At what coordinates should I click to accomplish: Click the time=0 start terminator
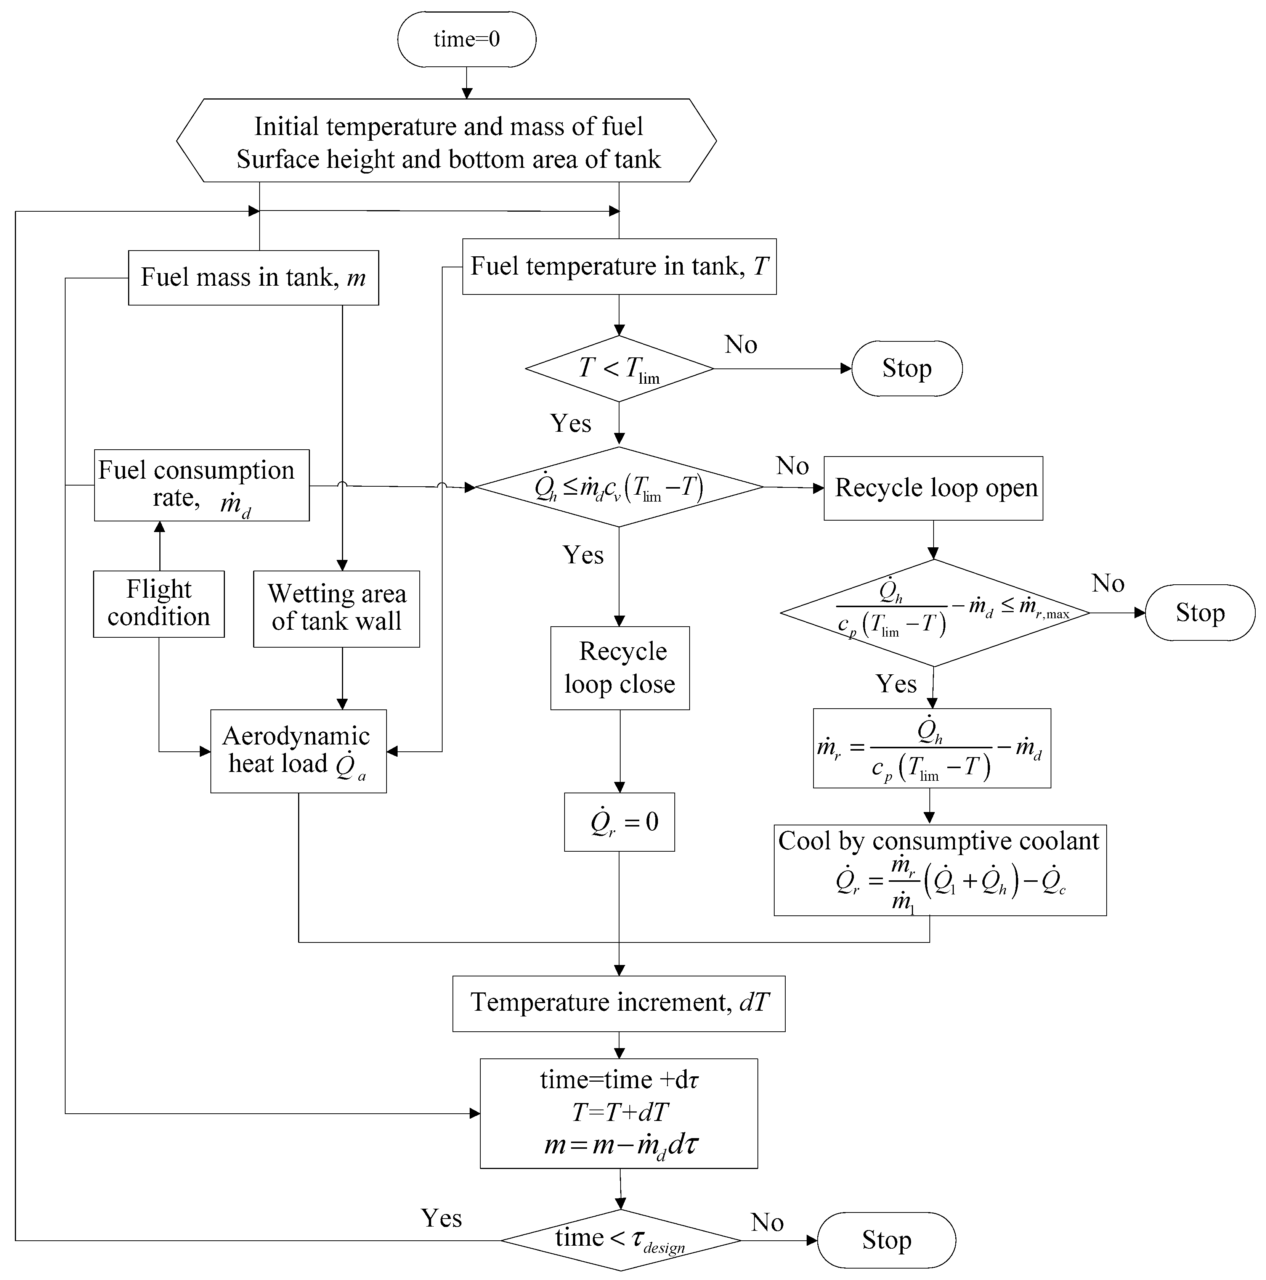[467, 39]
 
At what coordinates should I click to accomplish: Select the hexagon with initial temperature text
[446, 140]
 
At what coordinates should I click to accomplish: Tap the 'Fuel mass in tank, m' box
[254, 278]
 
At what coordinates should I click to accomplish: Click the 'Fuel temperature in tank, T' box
[619, 266]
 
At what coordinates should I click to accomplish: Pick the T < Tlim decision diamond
[619, 368]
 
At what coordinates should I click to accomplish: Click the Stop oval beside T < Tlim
[907, 368]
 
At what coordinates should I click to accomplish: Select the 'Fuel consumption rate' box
[202, 485]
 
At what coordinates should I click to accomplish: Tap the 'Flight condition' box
[159, 603]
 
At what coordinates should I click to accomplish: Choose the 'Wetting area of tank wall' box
[336, 608]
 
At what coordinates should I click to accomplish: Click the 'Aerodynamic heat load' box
[298, 751]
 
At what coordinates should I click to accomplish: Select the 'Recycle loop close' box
[620, 668]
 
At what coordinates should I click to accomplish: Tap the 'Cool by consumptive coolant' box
[940, 870]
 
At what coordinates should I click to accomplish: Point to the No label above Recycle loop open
[793, 466]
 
